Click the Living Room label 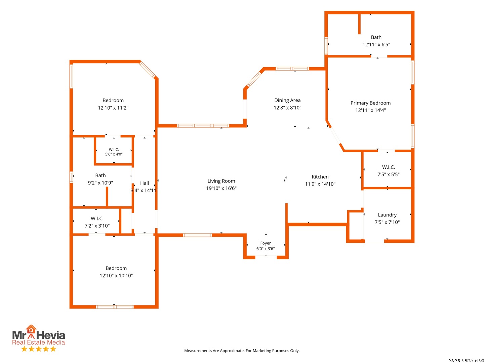click(221, 181)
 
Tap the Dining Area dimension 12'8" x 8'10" click(287, 108)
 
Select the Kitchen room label click(320, 176)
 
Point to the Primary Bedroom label click(370, 103)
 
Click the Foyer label click(265, 243)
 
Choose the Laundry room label click(387, 215)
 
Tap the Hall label click(144, 183)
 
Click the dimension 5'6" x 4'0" click(114, 154)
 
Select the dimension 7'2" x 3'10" click(97, 226)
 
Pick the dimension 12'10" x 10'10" click(116, 275)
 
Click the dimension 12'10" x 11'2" click(113, 108)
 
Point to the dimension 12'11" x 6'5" click(376, 44)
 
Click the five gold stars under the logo click(39, 349)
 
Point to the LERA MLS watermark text click(466, 360)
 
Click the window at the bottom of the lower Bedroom click(114, 307)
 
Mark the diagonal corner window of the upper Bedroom click(147, 70)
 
